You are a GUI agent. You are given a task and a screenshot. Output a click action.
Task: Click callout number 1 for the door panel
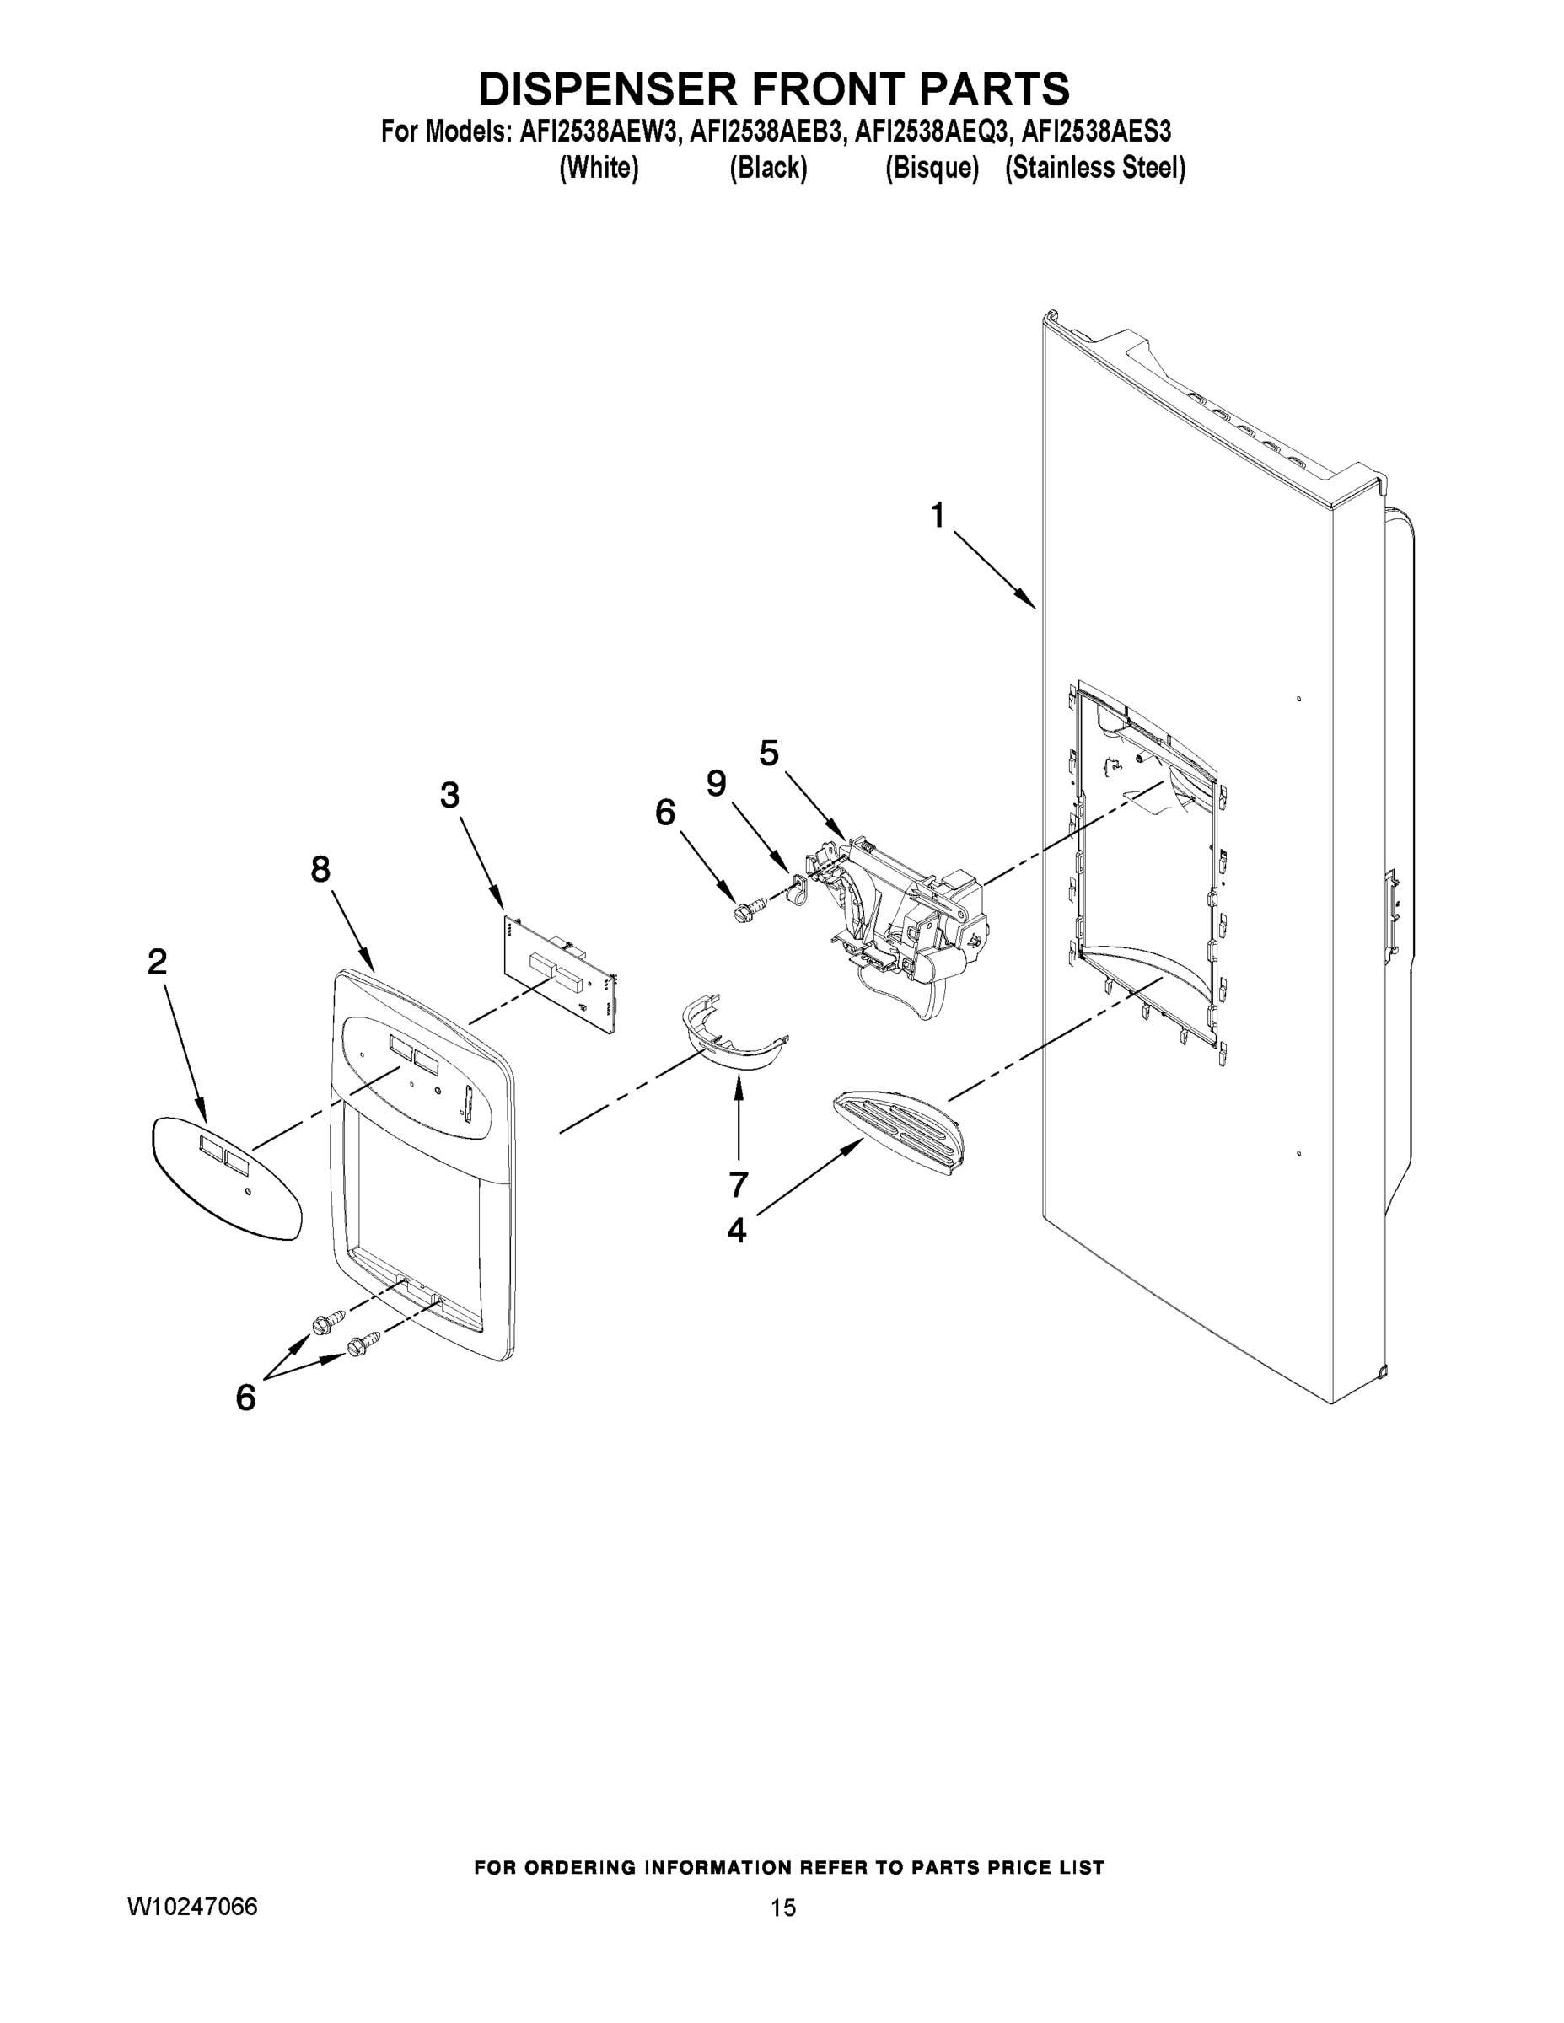(938, 515)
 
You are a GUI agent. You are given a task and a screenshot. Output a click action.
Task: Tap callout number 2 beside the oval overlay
(158, 963)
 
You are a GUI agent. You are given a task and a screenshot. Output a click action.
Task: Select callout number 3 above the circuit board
(449, 795)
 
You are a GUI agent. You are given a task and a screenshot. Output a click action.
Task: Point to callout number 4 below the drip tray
(737, 1230)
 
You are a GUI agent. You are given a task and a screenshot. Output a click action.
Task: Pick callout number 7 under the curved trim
(739, 1183)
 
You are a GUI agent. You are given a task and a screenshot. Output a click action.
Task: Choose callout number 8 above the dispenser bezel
(320, 869)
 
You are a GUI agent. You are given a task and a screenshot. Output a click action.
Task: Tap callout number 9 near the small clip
(716, 784)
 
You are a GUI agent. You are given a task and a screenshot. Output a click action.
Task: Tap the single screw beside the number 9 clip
(747, 910)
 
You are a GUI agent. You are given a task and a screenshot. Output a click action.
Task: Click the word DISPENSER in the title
(607, 90)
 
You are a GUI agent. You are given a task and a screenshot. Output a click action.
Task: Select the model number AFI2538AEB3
(767, 132)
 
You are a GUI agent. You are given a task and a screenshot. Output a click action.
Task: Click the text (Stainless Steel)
(1095, 168)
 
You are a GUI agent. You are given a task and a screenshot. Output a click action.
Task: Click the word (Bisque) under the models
(932, 168)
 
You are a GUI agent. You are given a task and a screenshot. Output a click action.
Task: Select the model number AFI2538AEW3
(599, 132)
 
